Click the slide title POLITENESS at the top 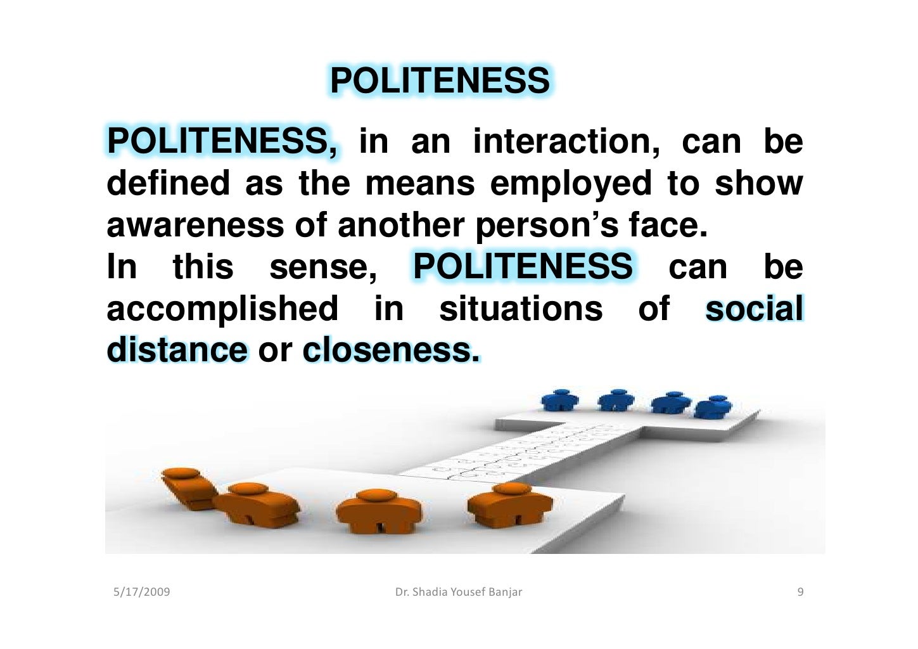point(440,81)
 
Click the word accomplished point(222,309)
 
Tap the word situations point(521,309)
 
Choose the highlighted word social point(754,309)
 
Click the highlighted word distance point(177,350)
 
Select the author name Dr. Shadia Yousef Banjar point(459,592)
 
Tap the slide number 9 point(800,592)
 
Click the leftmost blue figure point(561,401)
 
